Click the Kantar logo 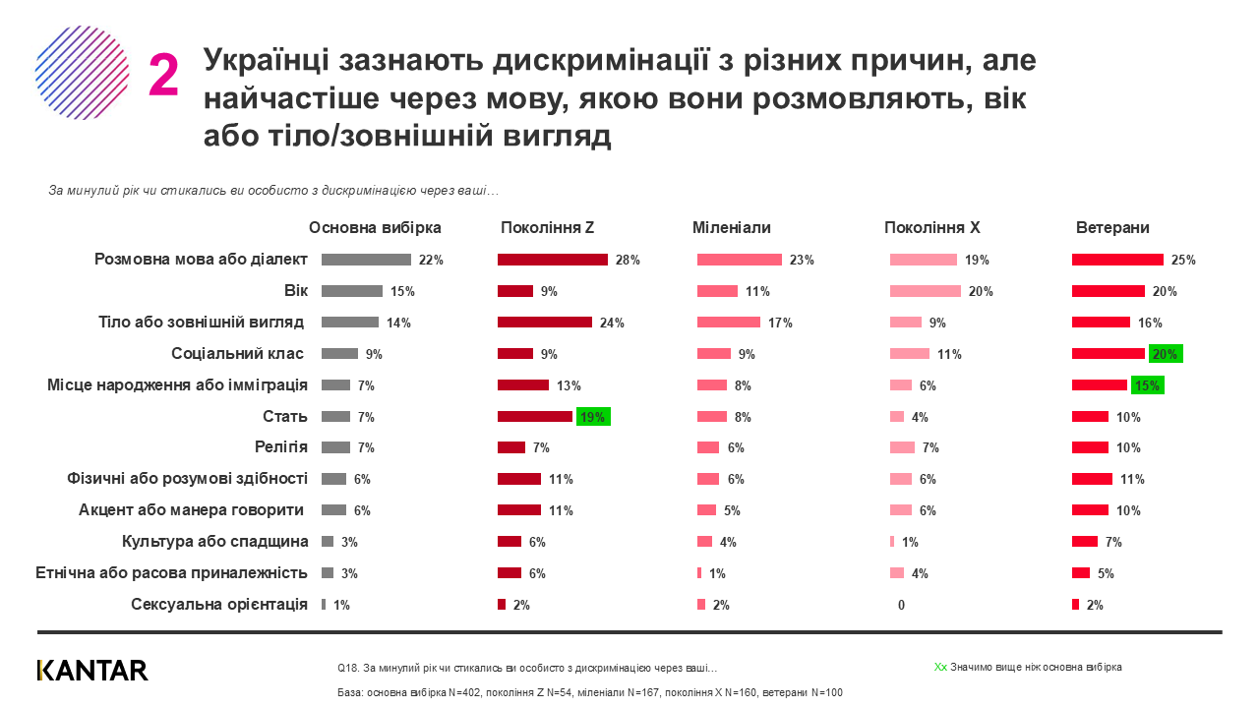92,671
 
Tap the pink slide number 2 163,76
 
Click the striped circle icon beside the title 83,73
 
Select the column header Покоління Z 547,228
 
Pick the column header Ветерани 1112,228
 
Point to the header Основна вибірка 375,228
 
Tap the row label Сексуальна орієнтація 219,605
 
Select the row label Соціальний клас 237,353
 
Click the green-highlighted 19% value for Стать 593,417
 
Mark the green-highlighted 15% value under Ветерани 1146,385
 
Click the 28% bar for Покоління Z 553,260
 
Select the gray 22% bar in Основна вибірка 366,260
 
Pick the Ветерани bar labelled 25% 1117,260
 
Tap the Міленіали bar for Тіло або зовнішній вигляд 728,323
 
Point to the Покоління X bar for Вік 925,291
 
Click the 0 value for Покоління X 901,606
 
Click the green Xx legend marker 940,667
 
